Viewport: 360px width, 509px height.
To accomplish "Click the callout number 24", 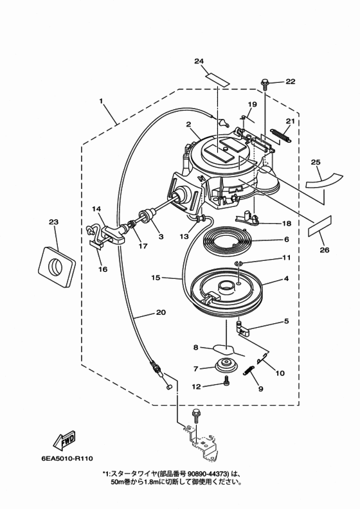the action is click(x=199, y=61).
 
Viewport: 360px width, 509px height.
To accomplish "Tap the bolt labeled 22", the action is click(x=264, y=83).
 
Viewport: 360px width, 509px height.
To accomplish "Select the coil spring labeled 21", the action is click(x=281, y=136).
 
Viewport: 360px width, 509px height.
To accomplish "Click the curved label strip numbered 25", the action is click(x=324, y=181).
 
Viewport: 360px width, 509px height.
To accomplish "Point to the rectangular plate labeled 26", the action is click(x=320, y=226).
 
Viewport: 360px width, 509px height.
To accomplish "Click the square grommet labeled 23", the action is click(x=57, y=265).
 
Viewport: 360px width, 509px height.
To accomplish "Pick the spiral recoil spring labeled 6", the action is click(x=226, y=242).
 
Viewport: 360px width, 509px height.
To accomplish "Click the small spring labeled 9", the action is click(x=248, y=370).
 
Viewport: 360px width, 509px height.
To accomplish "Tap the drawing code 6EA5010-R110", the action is click(x=67, y=458).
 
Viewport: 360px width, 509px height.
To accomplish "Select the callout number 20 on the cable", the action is click(x=161, y=312).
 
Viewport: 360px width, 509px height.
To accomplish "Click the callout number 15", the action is click(x=156, y=278).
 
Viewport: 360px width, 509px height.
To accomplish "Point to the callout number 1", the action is click(x=101, y=101).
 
